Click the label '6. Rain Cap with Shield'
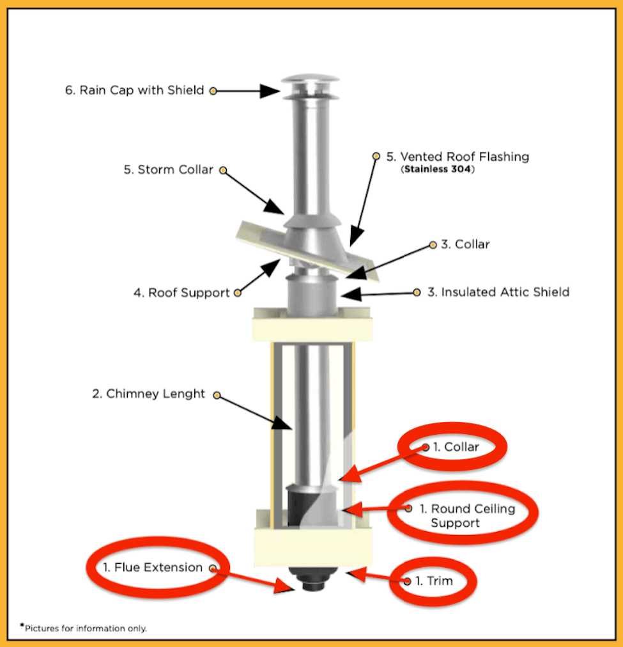click(134, 90)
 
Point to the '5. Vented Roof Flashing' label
click(458, 157)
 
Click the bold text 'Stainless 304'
click(438, 171)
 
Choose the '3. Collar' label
click(465, 244)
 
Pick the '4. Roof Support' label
click(181, 293)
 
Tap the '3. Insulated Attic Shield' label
click(498, 292)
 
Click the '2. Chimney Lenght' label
click(149, 394)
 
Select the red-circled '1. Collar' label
click(456, 447)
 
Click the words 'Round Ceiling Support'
click(466, 516)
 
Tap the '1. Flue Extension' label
click(153, 568)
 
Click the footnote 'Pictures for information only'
click(85, 628)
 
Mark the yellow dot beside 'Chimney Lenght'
click(217, 395)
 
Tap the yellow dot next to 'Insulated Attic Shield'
click(417, 292)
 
